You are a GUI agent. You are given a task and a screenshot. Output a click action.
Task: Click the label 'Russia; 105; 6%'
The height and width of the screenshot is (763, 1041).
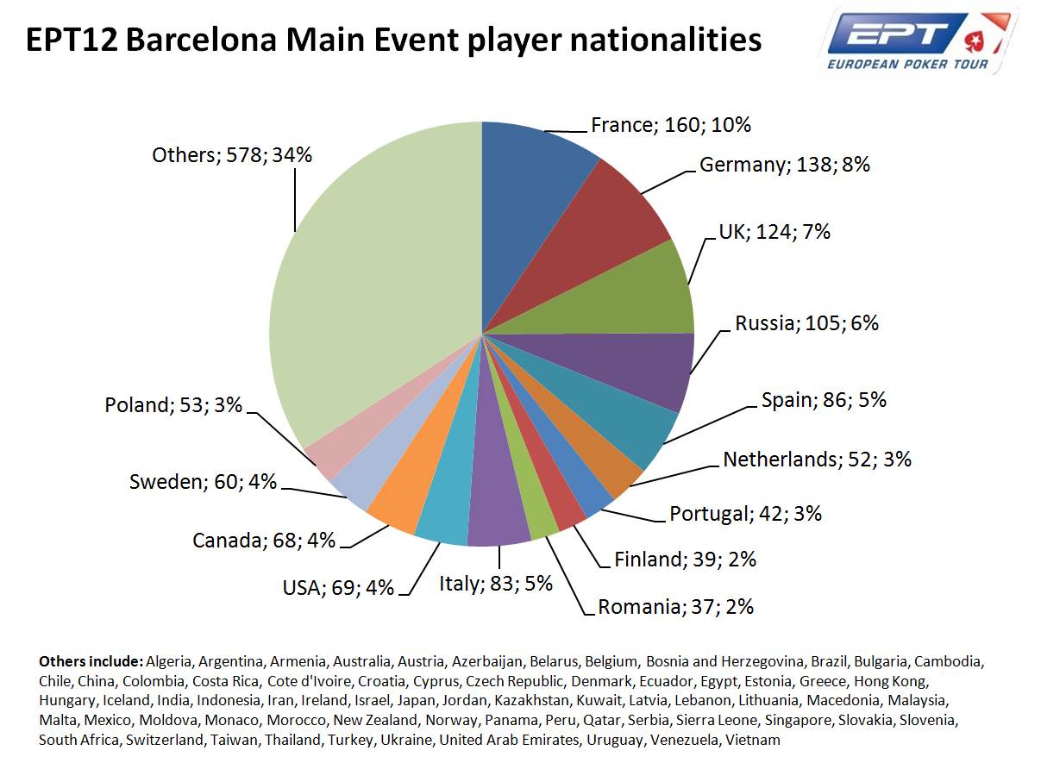(x=806, y=323)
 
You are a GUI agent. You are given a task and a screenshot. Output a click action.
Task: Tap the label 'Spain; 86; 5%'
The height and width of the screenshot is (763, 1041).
(x=824, y=400)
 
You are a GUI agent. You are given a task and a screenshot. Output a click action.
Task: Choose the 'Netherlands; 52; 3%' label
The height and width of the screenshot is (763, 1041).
(x=817, y=460)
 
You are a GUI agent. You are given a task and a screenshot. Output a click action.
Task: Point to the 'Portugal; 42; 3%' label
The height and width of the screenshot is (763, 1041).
(x=745, y=514)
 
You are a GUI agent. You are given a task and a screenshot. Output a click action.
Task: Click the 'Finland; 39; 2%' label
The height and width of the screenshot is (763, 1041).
(x=685, y=560)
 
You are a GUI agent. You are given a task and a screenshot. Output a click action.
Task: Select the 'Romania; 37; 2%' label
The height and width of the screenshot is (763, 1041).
(x=676, y=607)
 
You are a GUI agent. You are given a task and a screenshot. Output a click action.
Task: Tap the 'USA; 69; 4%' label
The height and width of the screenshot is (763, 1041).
(x=338, y=588)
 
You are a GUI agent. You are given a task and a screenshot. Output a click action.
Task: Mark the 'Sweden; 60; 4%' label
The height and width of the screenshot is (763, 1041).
(x=203, y=482)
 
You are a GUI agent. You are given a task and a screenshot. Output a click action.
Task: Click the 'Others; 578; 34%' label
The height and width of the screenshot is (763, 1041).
(x=231, y=155)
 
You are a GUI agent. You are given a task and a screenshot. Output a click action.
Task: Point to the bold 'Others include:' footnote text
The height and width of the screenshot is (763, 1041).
(x=91, y=662)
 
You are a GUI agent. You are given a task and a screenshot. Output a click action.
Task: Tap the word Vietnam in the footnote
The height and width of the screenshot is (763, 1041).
(x=753, y=740)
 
